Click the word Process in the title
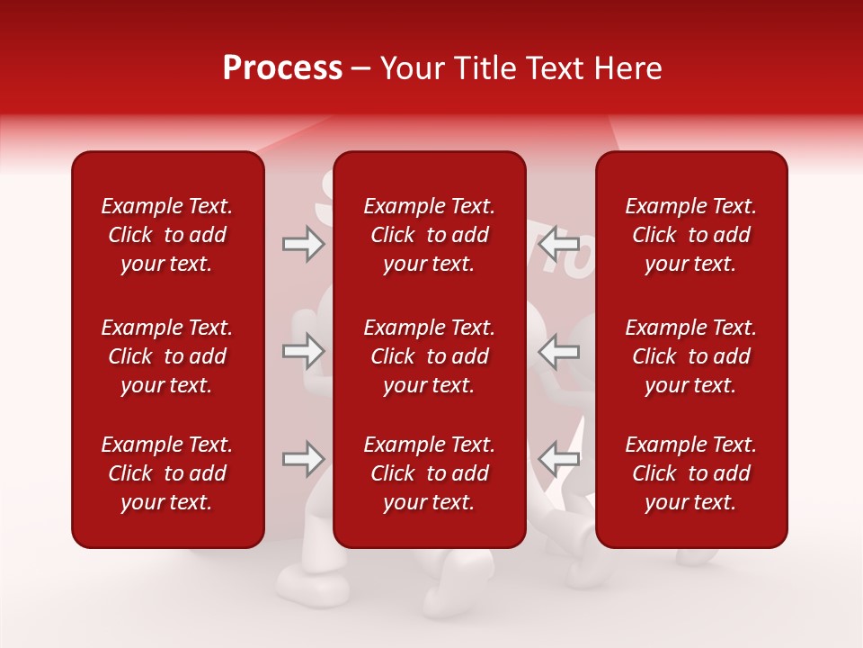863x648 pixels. [282, 68]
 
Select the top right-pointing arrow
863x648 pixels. [303, 243]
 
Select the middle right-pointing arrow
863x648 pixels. [303, 351]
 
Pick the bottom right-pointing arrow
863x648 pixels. [303, 459]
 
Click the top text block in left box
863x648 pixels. [167, 235]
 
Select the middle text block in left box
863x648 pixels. [167, 356]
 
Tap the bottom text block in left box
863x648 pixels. [167, 473]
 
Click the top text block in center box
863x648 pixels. [429, 235]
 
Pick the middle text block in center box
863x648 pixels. [429, 356]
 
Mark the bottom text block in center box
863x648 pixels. [429, 473]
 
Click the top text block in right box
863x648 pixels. [690, 235]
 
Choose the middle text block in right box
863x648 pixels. [690, 356]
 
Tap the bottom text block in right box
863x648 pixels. [690, 473]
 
